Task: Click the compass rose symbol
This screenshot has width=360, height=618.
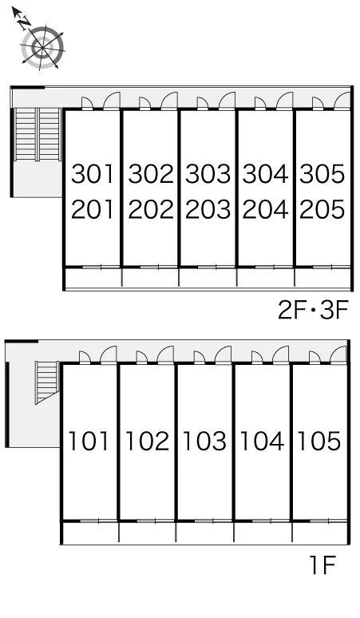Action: point(42,48)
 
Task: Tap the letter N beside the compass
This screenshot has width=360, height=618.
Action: point(25,22)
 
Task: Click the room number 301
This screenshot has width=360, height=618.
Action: point(93,174)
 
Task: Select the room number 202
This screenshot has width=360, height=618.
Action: point(150,209)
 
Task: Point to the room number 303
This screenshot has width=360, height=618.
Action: point(208,174)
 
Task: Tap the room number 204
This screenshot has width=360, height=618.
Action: point(265,209)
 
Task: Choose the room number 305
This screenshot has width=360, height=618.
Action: point(322,174)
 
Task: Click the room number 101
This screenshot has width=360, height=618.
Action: point(89,441)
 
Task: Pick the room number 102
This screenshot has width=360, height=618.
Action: point(147,441)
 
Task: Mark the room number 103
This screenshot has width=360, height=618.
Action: point(204,441)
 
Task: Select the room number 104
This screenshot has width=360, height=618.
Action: point(262,441)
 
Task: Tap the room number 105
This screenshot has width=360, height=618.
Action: point(319,441)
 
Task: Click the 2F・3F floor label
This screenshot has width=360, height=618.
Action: point(314,310)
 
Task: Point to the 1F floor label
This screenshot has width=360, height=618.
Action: point(322,565)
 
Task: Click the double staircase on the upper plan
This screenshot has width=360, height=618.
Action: point(38,134)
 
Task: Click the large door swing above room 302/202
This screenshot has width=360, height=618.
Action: point(169,101)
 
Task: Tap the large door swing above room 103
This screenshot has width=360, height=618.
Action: point(224,355)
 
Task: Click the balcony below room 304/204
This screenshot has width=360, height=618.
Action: point(266,278)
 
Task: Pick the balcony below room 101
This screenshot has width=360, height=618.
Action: point(90,532)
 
